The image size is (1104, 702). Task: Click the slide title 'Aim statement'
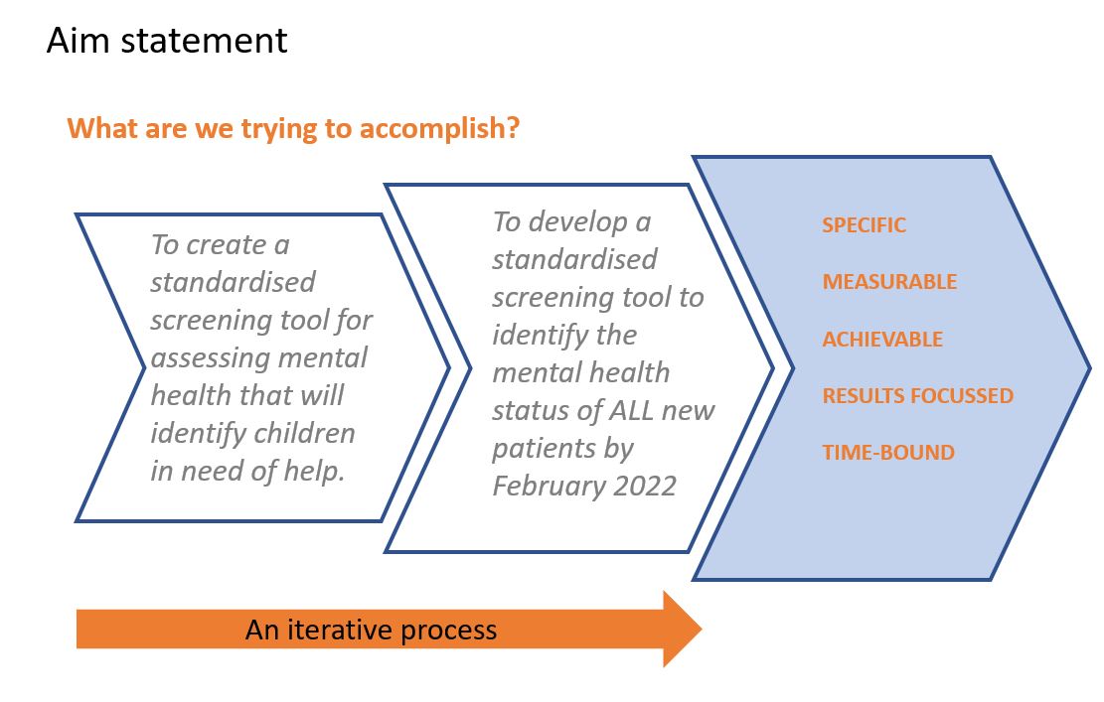click(167, 40)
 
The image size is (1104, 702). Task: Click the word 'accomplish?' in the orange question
click(439, 129)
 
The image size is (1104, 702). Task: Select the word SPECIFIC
click(864, 225)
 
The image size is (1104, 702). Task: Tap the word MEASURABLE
click(889, 282)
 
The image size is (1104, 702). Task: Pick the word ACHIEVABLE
click(882, 339)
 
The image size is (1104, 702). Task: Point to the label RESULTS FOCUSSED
click(917, 396)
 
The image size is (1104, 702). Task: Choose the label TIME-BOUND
click(888, 453)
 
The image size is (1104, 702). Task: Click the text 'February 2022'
click(584, 487)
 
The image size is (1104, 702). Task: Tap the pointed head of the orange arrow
click(702, 629)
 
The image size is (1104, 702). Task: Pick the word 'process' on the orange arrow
click(448, 631)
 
